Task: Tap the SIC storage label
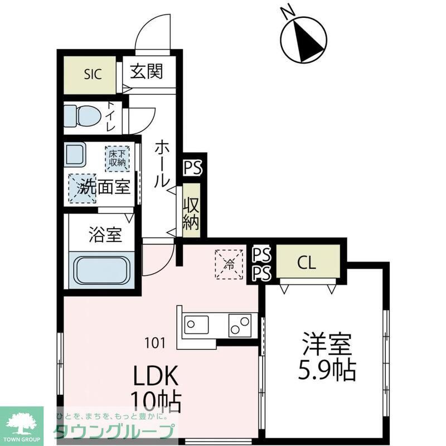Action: point(93,75)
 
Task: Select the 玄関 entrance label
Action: point(147,72)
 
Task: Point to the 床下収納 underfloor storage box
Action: point(117,158)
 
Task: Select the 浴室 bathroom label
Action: point(104,235)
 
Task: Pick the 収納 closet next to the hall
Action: point(191,214)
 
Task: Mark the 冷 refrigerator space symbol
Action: point(229,263)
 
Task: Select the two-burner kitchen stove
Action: point(239,324)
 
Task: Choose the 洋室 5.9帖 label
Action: point(327,357)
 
